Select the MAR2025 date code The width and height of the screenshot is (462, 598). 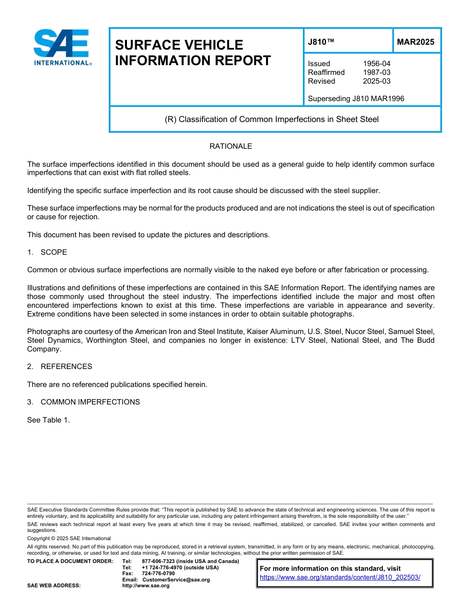[x=415, y=42]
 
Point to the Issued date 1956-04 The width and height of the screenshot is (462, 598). [x=376, y=64]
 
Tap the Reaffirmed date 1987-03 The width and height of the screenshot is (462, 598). [x=376, y=72]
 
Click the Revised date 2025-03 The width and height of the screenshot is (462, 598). [x=376, y=81]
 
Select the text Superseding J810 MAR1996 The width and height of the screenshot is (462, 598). [x=356, y=99]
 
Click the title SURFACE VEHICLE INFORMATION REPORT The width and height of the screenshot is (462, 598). [x=193, y=53]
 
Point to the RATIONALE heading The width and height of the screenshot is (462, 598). [x=231, y=146]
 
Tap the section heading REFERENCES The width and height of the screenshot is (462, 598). [x=66, y=367]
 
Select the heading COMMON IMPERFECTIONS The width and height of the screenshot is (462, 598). [x=90, y=402]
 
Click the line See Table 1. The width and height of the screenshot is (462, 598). [x=49, y=420]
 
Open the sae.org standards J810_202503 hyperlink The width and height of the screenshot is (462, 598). [x=340, y=578]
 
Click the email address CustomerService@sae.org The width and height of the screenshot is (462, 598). [x=176, y=580]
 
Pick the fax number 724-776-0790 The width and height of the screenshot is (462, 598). [x=158, y=574]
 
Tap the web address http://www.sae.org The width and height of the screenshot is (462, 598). [x=146, y=586]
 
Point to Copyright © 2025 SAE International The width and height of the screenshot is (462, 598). [x=69, y=539]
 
